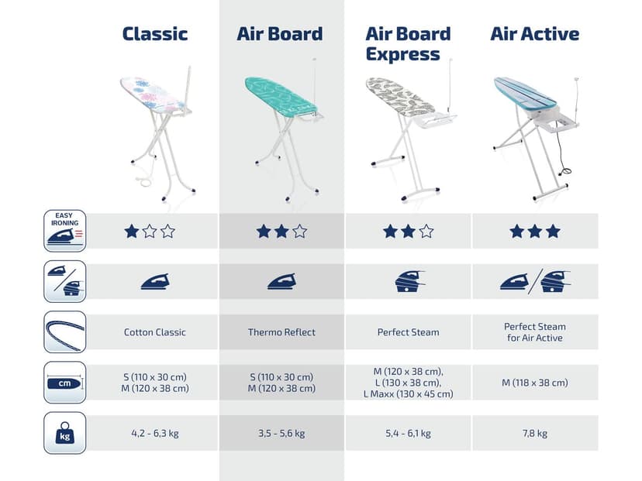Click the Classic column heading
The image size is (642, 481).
click(155, 34)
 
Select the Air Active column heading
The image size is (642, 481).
click(534, 34)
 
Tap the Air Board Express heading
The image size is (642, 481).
click(407, 44)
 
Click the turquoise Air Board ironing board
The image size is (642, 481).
click(281, 96)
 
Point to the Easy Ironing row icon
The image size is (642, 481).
click(65, 231)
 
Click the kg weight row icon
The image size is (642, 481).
click(65, 432)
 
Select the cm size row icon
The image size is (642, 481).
click(65, 383)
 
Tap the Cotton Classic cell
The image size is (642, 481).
click(155, 332)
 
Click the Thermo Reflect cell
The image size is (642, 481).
click(281, 332)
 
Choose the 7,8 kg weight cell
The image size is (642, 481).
click(534, 433)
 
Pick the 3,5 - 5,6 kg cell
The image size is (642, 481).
click(281, 433)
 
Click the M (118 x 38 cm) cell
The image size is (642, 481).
click(534, 383)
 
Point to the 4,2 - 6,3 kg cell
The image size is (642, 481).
click(155, 433)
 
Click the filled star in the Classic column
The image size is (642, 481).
click(132, 231)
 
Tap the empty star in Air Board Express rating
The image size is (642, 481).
click(426, 231)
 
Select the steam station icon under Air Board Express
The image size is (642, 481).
click(408, 280)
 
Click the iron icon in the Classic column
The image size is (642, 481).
click(155, 281)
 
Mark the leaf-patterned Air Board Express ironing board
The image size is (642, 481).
click(399, 97)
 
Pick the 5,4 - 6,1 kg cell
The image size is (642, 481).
click(408, 433)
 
